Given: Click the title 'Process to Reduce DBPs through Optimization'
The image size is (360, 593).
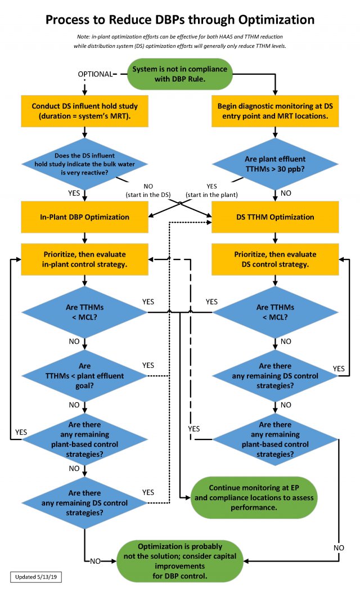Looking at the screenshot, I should tap(180, 20).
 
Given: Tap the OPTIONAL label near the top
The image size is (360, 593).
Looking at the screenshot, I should tap(94, 74).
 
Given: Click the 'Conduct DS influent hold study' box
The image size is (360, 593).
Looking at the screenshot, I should tap(84, 110).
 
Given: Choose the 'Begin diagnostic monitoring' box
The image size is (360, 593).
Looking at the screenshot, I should tap(275, 110).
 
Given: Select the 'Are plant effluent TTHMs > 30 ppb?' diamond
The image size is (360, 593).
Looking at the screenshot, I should tap(275, 163).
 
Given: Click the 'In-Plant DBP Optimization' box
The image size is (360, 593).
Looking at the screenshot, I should tap(84, 217).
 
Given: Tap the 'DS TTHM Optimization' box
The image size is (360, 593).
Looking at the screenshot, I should tap(275, 217).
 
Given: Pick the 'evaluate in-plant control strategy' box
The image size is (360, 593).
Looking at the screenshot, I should tap(84, 259).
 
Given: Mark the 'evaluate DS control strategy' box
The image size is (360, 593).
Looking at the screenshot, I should tap(275, 259).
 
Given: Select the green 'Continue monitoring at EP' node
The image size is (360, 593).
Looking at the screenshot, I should tap(254, 493).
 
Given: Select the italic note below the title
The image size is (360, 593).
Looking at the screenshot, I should tap(180, 41).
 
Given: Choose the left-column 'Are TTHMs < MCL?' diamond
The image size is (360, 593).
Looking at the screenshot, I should tap(84, 312).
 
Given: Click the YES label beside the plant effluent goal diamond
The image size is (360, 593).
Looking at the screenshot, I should tap(148, 365).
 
